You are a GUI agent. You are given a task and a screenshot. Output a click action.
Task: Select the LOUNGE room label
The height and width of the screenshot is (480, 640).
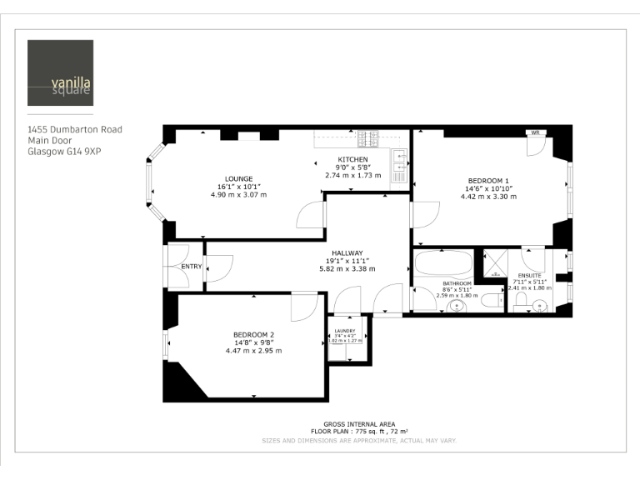(x=238, y=178)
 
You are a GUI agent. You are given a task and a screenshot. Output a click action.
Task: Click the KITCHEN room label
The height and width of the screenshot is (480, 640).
(x=352, y=159)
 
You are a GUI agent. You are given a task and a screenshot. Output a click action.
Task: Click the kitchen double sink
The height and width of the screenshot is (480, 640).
(x=399, y=166)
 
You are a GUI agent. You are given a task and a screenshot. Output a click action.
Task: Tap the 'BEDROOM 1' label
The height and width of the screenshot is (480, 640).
(x=488, y=181)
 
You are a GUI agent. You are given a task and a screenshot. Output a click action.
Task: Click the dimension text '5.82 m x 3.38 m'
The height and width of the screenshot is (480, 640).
(x=347, y=268)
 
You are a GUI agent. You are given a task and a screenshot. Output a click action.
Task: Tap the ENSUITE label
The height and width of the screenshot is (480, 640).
(x=529, y=275)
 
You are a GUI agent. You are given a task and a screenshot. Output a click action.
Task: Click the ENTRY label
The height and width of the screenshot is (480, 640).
(x=191, y=267)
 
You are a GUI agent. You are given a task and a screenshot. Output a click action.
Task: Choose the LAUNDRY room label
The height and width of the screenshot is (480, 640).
(x=345, y=331)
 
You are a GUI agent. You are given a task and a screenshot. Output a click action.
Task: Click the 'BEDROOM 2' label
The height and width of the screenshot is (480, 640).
(x=253, y=335)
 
